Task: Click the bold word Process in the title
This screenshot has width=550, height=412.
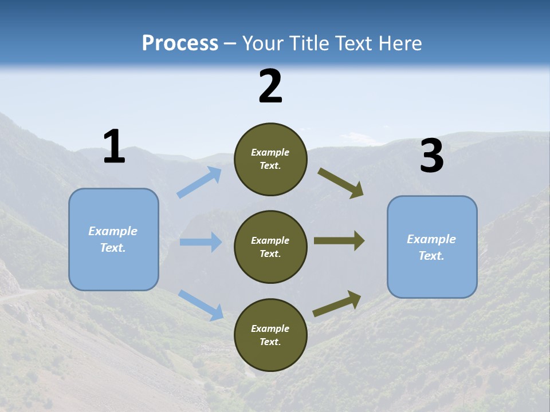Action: [180, 43]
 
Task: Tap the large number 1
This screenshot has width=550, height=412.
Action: [114, 147]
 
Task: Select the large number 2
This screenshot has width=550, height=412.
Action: [270, 86]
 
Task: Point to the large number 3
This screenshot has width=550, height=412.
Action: [432, 156]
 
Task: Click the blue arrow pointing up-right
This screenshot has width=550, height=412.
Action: [199, 183]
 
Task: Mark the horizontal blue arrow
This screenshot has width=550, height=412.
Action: [201, 242]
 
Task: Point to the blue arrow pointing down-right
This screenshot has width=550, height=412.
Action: [201, 304]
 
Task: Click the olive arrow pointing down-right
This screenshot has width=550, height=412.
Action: [341, 183]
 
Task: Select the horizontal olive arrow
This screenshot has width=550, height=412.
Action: [339, 241]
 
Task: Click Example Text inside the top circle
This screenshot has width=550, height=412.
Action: [270, 159]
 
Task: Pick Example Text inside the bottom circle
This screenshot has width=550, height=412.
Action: [270, 335]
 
